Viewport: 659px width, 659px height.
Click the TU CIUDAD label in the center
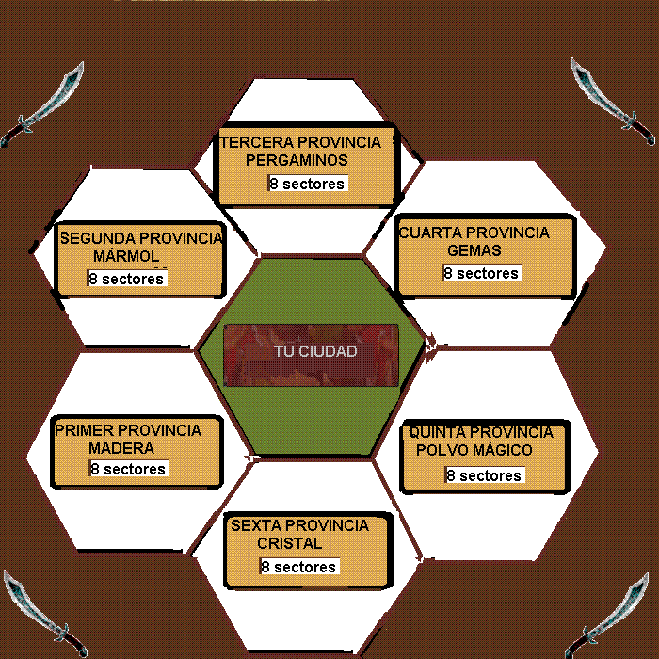pyautogui.click(x=315, y=351)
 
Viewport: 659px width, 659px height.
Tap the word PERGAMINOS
pyautogui.click(x=297, y=160)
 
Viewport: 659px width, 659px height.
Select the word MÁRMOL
pyautogui.click(x=127, y=256)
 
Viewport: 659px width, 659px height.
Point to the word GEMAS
pyautogui.click(x=474, y=251)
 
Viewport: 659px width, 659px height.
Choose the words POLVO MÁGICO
pyautogui.click(x=474, y=450)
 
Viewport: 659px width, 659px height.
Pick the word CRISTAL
pyautogui.click(x=289, y=543)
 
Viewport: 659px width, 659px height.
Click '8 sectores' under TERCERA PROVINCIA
pyautogui.click(x=307, y=184)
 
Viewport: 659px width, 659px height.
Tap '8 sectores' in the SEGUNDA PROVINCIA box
pyautogui.click(x=126, y=279)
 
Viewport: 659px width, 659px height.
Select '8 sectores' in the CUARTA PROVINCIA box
pyautogui.click(x=481, y=273)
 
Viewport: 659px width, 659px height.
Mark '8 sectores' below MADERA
pyautogui.click(x=128, y=469)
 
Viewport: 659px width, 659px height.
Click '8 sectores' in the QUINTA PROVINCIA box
pyautogui.click(x=484, y=475)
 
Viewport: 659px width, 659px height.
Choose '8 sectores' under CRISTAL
pyautogui.click(x=298, y=567)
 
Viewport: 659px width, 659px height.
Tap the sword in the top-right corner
pyautogui.click(x=613, y=103)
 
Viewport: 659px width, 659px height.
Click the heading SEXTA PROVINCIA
pyautogui.click(x=299, y=525)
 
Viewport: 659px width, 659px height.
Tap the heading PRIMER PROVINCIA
pyautogui.click(x=128, y=430)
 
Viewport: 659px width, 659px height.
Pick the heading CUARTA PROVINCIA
pyautogui.click(x=474, y=233)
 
